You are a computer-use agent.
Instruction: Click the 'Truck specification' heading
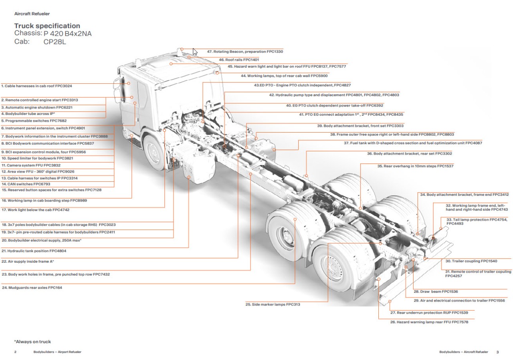tap(47, 26)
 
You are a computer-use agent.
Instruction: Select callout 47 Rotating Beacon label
tap(245, 52)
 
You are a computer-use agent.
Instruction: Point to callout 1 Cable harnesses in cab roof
tap(36, 86)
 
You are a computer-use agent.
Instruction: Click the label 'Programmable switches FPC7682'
tap(34, 121)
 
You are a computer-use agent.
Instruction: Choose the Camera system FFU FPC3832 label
tap(31, 165)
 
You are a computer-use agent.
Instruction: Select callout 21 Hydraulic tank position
tap(34, 251)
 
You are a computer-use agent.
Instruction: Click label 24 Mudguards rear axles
tap(32, 288)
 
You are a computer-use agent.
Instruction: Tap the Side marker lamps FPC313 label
tap(273, 304)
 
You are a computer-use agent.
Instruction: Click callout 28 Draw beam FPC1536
tap(436, 292)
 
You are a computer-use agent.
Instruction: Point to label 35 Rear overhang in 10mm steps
tap(415, 166)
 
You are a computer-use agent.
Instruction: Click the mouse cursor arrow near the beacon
tap(195, 52)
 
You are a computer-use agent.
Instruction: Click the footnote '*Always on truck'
tap(32, 342)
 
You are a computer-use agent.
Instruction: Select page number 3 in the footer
tap(497, 352)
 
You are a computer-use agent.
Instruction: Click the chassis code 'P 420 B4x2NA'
tap(67, 34)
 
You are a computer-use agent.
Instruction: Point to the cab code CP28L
tap(55, 41)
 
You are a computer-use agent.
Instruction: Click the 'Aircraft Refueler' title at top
tap(32, 14)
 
